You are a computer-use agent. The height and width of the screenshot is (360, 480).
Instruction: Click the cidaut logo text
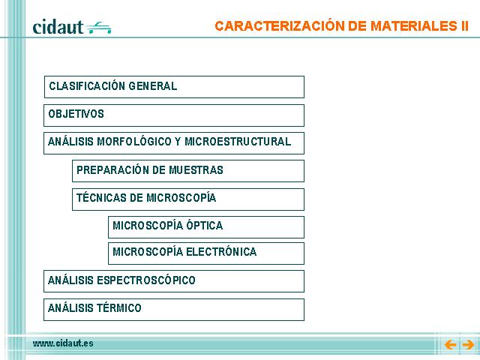pyautogui.click(x=58, y=27)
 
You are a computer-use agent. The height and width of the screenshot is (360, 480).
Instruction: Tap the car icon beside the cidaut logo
pyautogui.click(x=98, y=28)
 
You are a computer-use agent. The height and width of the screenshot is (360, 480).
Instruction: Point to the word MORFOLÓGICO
pyautogui.click(x=134, y=142)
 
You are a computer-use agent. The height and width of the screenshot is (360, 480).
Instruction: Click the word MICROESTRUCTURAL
pyautogui.click(x=238, y=142)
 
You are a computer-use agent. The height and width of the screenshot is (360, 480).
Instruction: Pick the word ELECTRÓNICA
pyautogui.click(x=221, y=252)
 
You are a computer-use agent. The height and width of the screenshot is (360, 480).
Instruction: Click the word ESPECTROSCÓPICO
pyautogui.click(x=146, y=280)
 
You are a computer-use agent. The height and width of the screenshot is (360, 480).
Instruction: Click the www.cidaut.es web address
pyautogui.click(x=63, y=343)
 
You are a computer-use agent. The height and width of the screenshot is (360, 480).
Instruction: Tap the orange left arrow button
pyautogui.click(x=450, y=345)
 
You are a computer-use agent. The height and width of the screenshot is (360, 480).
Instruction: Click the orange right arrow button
pyautogui.click(x=468, y=345)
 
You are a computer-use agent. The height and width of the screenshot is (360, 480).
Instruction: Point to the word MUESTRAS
pyautogui.click(x=196, y=170)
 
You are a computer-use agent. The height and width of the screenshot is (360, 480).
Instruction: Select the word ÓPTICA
pyautogui.click(x=205, y=225)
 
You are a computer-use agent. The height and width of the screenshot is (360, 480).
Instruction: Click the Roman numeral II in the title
pyautogui.click(x=464, y=26)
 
